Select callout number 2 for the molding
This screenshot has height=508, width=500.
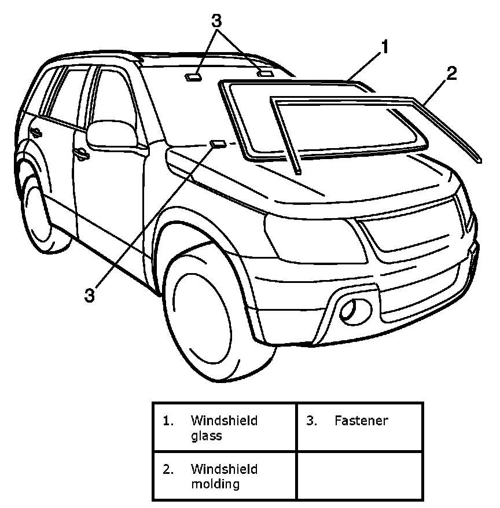[451, 73]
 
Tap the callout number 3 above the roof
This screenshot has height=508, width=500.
[216, 21]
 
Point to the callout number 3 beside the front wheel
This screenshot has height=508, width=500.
[89, 295]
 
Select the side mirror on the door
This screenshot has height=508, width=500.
[112, 134]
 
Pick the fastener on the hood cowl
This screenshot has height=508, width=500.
[218, 142]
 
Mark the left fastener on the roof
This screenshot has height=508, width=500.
[193, 75]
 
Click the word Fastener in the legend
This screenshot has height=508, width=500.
[361, 421]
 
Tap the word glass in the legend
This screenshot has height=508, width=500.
[206, 436]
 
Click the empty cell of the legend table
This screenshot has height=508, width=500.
[359, 475]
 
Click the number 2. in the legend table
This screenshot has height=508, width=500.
[168, 469]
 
